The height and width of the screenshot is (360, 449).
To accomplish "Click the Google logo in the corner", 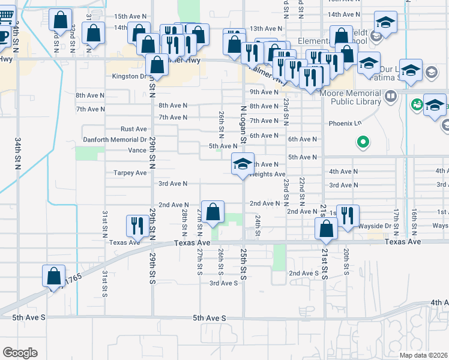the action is pos(20,353).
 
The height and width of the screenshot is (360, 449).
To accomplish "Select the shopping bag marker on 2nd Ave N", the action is pos(212,211).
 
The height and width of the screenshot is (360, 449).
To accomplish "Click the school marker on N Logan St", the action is pos(242,164).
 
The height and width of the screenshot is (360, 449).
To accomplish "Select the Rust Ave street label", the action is pos(133,129).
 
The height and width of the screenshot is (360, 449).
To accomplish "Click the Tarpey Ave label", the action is pos(130,173).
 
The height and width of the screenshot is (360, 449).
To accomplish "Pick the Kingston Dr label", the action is pos(130,76).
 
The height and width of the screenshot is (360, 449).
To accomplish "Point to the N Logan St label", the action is pos(243,124).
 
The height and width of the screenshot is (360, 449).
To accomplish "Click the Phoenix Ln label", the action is pos(345,124).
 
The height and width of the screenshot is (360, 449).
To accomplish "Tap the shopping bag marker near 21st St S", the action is pos(326,229).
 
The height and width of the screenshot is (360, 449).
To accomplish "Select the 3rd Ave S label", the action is pos(223,283).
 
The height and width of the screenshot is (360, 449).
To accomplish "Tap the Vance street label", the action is pos(137,150).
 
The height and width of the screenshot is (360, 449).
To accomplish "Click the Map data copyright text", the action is pos(423,355).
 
